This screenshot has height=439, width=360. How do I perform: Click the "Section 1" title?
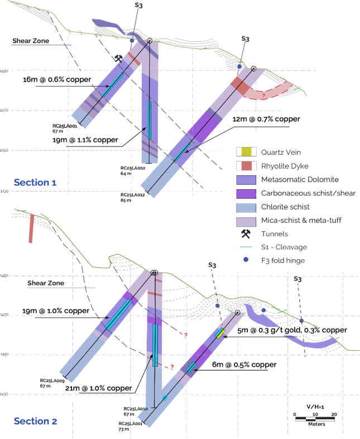coord(35,182)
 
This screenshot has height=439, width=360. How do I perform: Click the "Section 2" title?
coord(35,421)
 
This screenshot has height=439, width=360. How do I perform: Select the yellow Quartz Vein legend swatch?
coord(246,152)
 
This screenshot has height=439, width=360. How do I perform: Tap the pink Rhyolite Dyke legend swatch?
coord(246,166)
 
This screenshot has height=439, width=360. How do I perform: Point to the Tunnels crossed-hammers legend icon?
coord(246,235)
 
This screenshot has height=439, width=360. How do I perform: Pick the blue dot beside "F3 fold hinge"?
coord(246,260)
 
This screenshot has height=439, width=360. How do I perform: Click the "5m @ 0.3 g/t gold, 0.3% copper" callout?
coord(292,330)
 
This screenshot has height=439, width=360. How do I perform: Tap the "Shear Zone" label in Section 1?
coord(31,41)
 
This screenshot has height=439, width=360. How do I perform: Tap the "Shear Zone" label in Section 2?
coord(46,283)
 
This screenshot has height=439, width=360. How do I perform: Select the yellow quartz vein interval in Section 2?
coord(221,333)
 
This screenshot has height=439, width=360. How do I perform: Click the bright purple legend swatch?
coord(246,194)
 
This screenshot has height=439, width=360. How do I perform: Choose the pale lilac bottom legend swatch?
coord(246,221)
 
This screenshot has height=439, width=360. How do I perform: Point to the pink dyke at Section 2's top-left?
coord(32,227)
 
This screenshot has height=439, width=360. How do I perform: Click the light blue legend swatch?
coord(246,208)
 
